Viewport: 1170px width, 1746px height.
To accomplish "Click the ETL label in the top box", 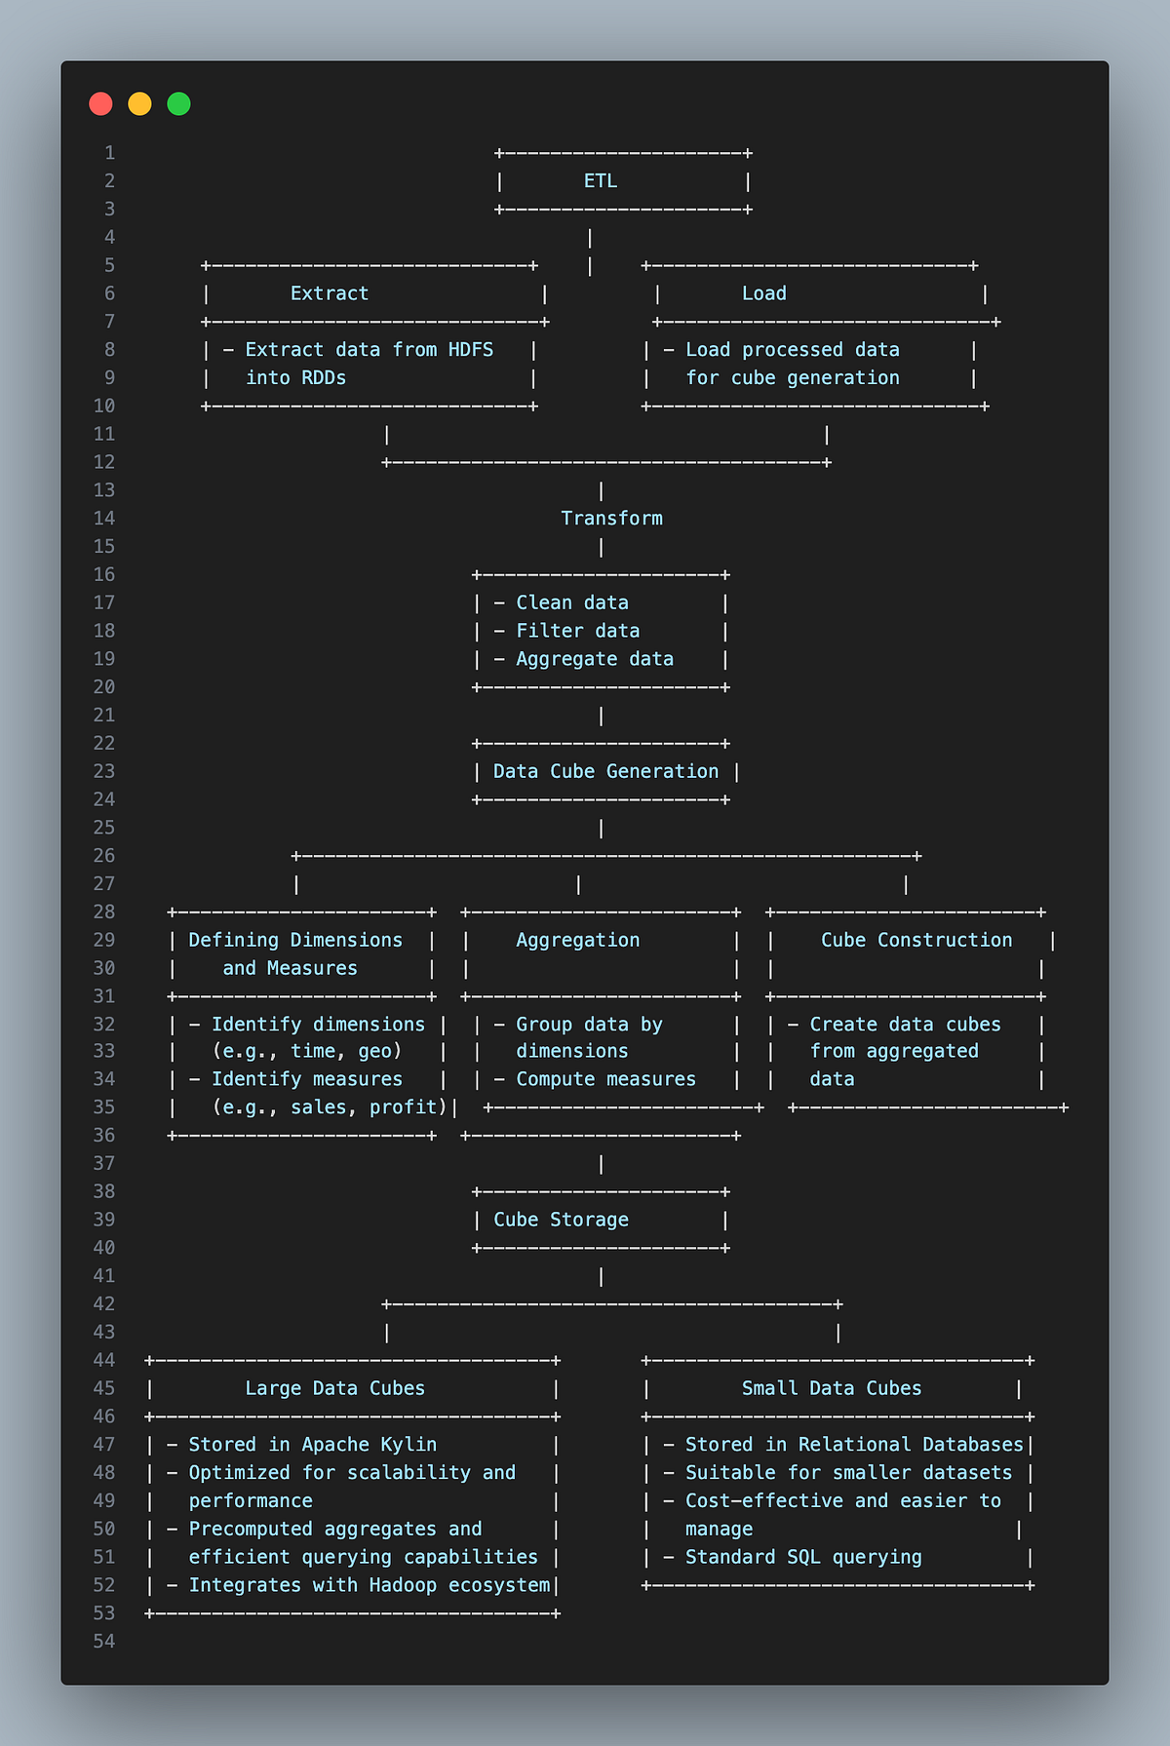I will pyautogui.click(x=600, y=181).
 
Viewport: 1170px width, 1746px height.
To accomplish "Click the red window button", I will pyautogui.click(x=100, y=104).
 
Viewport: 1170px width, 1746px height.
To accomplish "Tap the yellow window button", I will pyautogui.click(x=139, y=104).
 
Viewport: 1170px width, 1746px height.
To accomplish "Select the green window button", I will pyautogui.click(x=178, y=104).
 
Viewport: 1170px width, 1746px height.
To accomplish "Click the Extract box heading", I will pyautogui.click(x=330, y=293).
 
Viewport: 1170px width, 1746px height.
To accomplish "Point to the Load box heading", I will pyautogui.click(x=763, y=293).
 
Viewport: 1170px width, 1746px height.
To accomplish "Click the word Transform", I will pyautogui.click(x=611, y=519).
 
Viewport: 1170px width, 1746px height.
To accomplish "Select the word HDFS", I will pyautogui.click(x=471, y=350).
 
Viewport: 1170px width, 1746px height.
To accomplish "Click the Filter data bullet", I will pyautogui.click(x=577, y=631).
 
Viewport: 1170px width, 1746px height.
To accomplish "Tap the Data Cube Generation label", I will pyautogui.click(x=605, y=771).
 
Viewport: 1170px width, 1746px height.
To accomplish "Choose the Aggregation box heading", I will pyautogui.click(x=577, y=940).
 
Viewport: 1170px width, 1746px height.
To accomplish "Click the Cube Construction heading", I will pyautogui.click(x=916, y=940).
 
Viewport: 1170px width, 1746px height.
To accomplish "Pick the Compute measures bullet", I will pyautogui.click(x=605, y=1079).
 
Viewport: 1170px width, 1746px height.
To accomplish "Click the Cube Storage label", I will pyautogui.click(x=561, y=1220).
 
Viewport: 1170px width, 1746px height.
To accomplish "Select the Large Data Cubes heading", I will pyautogui.click(x=334, y=1388).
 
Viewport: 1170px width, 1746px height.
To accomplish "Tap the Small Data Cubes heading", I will pyautogui.click(x=831, y=1388).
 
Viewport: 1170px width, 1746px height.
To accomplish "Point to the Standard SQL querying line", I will pyautogui.click(x=802, y=1557).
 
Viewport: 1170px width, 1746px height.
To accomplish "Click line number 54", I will pyautogui.click(x=104, y=1642).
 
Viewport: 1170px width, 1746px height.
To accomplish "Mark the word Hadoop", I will pyautogui.click(x=403, y=1585).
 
